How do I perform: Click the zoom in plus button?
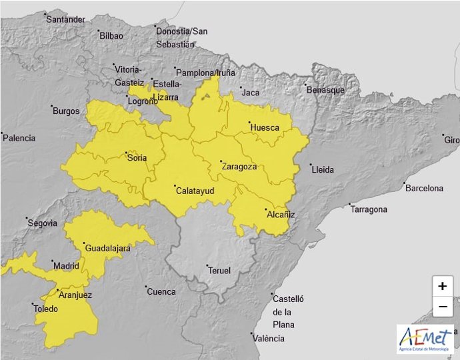coord(442,286)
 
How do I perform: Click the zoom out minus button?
coord(442,307)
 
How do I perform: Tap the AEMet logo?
coord(425,339)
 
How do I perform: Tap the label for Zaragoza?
coord(239,167)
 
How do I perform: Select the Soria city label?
coord(137,158)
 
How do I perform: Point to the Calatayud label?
coord(194,191)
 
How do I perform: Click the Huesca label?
coord(264,127)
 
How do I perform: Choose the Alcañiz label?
coord(280,215)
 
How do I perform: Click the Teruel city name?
coord(219,270)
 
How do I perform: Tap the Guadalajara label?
coord(107,248)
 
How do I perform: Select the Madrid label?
coord(66,266)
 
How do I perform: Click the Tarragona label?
coord(369,209)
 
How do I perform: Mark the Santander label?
coord(65,19)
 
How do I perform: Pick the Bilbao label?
coord(111,36)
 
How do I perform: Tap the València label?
coord(269,339)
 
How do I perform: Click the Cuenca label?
coord(161,291)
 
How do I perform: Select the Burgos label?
coord(66,111)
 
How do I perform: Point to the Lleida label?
coord(323,169)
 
